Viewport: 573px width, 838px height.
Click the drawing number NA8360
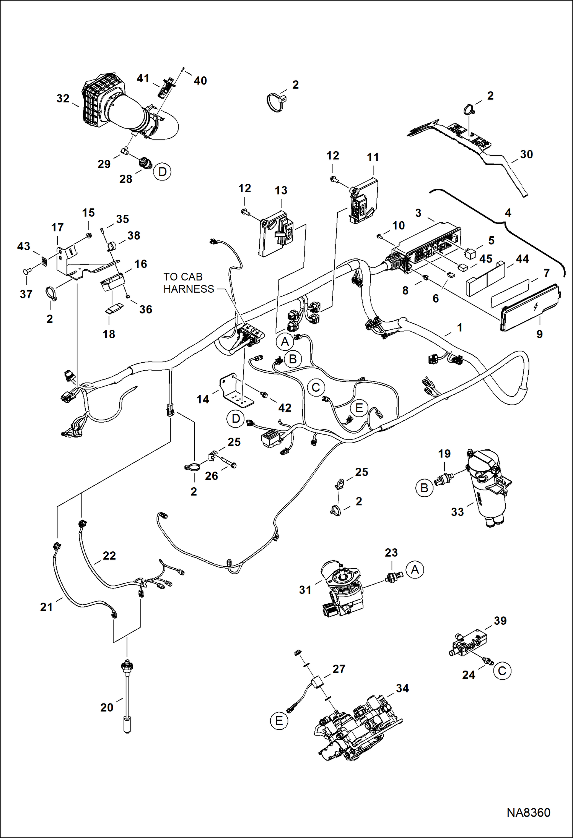click(528, 812)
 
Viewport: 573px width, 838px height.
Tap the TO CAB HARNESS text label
click(188, 283)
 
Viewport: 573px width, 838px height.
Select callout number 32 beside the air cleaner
click(63, 99)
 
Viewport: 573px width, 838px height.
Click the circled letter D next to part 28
click(162, 172)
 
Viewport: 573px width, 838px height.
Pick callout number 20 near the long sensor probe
click(107, 707)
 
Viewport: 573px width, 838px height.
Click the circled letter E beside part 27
click(279, 721)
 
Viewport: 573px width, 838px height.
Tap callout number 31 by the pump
click(305, 590)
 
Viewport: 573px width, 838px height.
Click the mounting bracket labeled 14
click(235, 392)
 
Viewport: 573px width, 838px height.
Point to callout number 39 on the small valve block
click(500, 621)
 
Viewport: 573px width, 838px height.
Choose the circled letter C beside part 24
click(502, 670)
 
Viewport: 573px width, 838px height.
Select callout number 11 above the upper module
click(373, 157)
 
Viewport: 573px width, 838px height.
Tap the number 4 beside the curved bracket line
click(508, 212)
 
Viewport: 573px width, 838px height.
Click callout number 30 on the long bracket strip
click(526, 154)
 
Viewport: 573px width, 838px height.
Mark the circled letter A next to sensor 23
click(415, 570)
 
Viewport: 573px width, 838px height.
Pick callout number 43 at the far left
click(23, 246)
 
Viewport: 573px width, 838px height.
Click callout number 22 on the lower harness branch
click(109, 556)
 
